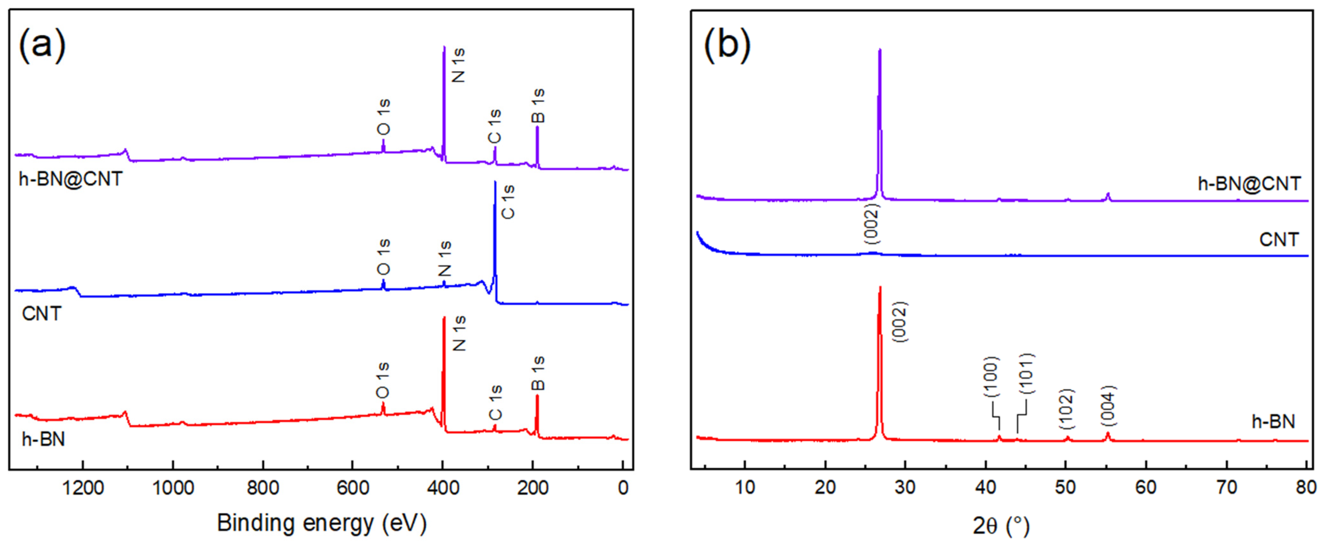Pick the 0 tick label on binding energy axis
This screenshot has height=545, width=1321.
(x=622, y=487)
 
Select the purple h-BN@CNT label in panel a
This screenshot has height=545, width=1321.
(x=71, y=179)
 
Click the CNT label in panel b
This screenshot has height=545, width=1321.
(x=1279, y=239)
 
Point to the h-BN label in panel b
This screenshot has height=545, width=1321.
(x=1273, y=421)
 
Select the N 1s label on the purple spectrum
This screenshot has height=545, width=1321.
(x=458, y=65)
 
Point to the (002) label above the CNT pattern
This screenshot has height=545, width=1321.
(x=871, y=224)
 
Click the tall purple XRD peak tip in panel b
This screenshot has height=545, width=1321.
(x=880, y=50)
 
